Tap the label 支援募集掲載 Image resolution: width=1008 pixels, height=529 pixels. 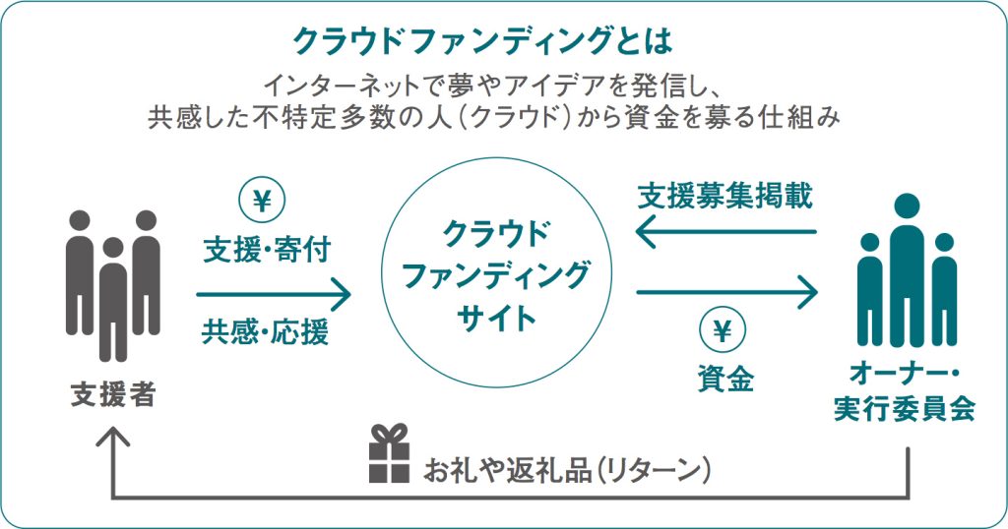click(x=724, y=196)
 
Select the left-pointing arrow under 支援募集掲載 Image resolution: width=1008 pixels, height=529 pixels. click(x=726, y=233)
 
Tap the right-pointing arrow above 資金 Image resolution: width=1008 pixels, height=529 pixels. click(x=726, y=292)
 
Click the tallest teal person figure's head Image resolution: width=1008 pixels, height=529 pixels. click(x=906, y=206)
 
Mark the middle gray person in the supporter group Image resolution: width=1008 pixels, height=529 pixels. click(x=113, y=295)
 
